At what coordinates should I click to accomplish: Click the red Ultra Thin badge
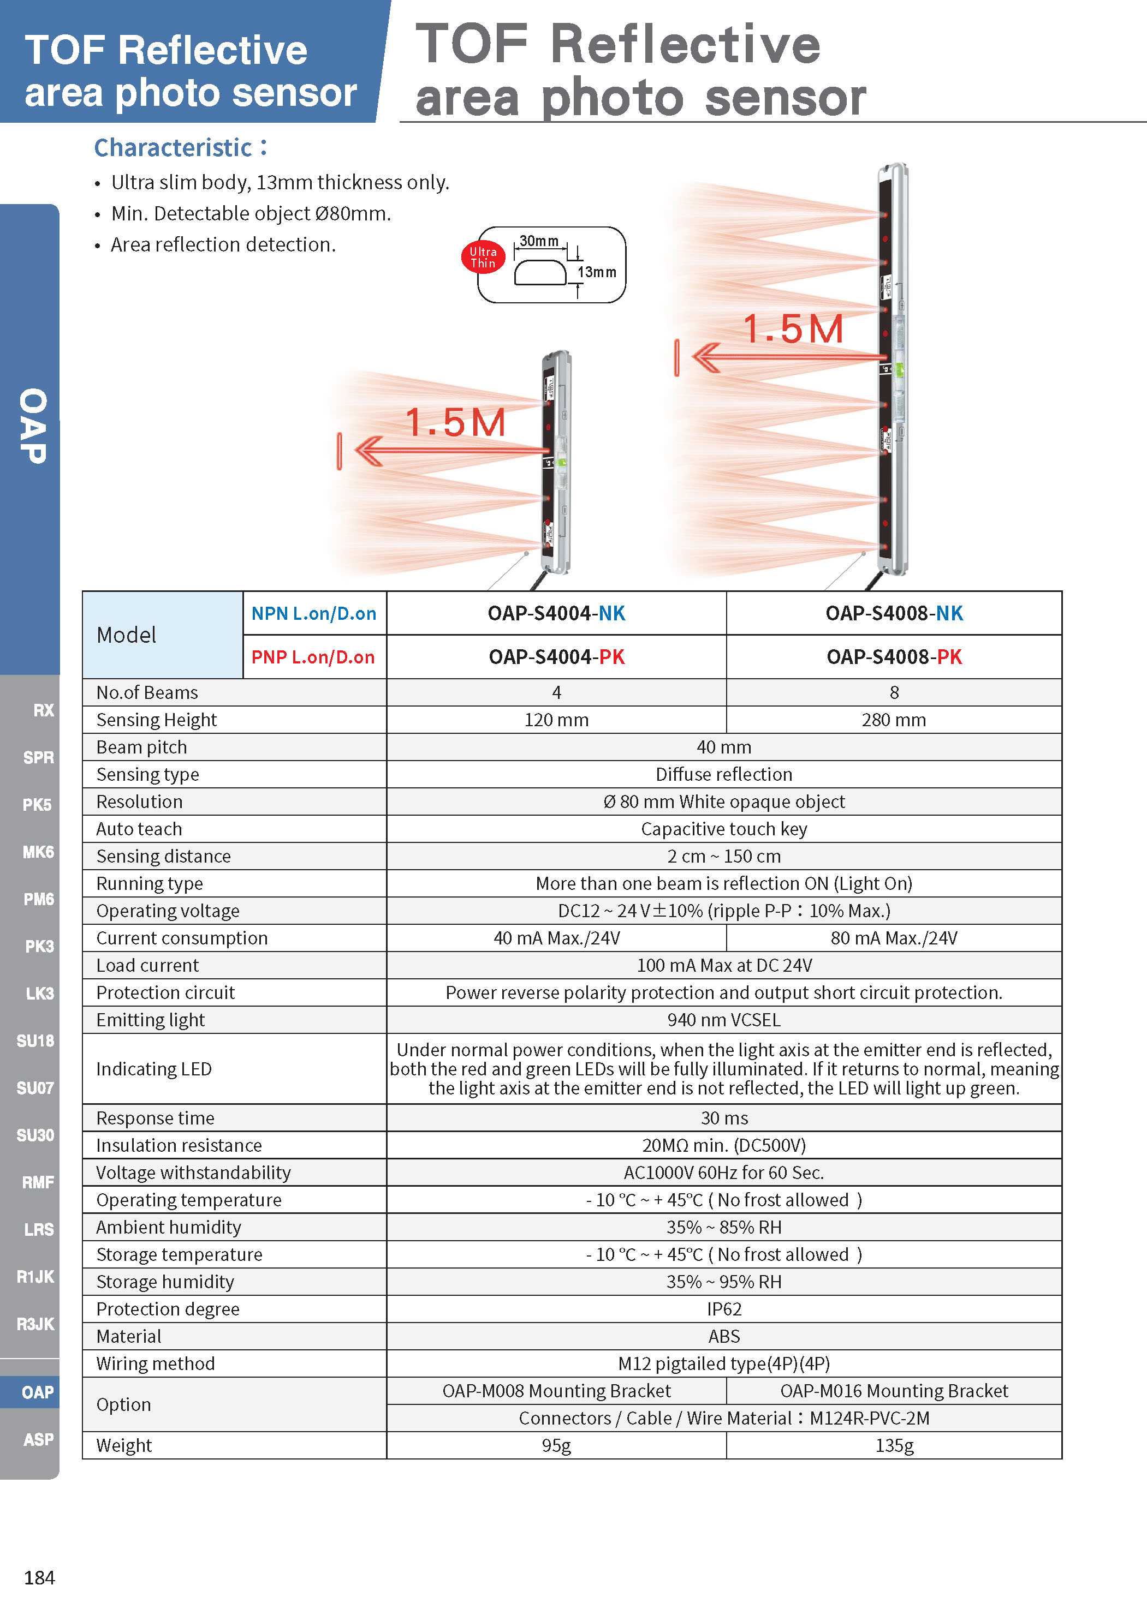483,258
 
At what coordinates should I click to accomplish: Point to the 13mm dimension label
597,272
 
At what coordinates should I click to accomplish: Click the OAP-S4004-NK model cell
556,613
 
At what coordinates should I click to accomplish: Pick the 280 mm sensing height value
894,720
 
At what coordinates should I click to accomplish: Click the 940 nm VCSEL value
724,1020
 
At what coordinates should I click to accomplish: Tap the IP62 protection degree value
724,1309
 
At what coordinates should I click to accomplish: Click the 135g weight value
894,1445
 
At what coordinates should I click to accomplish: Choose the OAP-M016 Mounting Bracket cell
894,1391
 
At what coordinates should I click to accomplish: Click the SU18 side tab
35,1040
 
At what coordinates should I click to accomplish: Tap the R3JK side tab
35,1324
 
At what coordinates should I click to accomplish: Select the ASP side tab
38,1439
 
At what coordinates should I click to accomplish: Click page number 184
39,1578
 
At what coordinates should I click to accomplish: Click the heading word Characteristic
174,147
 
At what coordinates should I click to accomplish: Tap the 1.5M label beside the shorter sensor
455,423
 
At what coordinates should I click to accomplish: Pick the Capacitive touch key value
724,829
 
